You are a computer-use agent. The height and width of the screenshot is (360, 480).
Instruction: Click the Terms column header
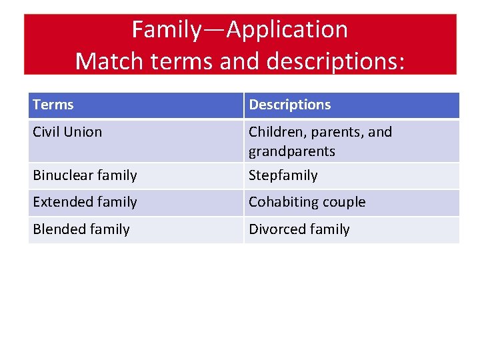[53, 105]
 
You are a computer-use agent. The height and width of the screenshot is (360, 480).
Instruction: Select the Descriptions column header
[289, 105]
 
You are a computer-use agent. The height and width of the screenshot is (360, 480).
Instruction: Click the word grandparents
[292, 151]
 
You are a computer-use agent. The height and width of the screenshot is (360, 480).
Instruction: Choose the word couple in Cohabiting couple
[343, 202]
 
